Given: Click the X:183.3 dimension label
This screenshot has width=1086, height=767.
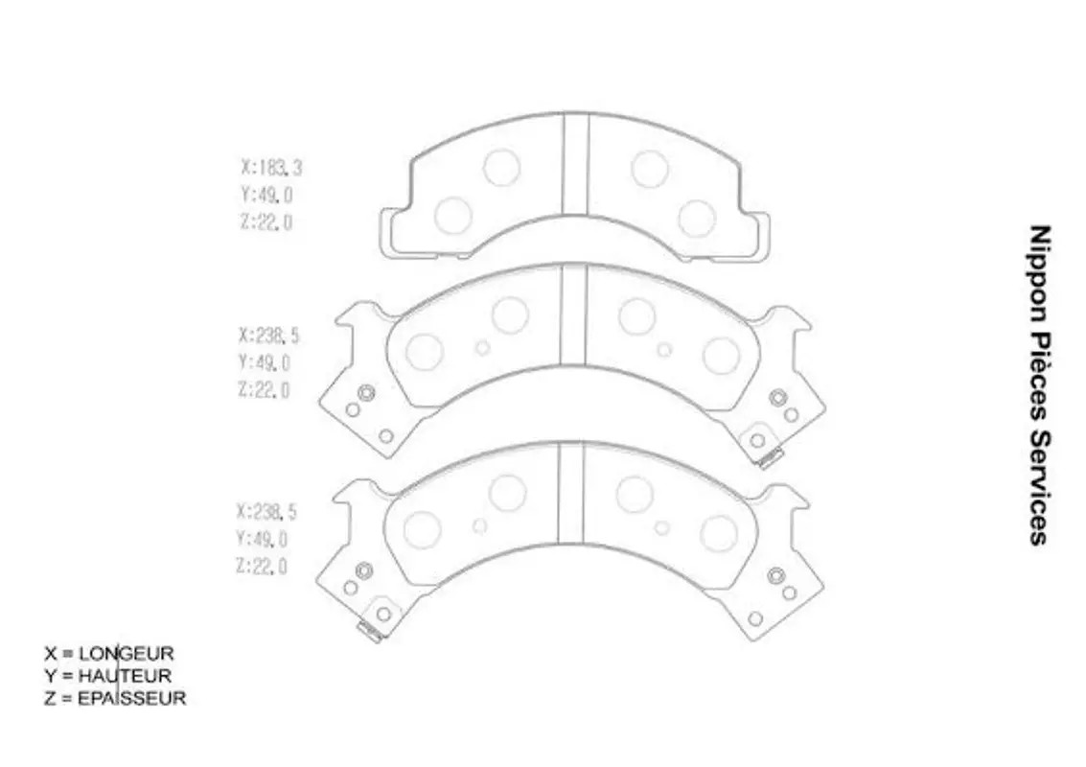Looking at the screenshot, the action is pyautogui.click(x=271, y=168).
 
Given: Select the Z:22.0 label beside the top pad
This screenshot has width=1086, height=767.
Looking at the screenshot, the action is pyautogui.click(x=266, y=221).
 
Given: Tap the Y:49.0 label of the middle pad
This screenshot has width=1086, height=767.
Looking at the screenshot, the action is pyautogui.click(x=264, y=362).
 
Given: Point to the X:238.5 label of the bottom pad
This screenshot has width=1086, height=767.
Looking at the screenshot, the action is pyautogui.click(x=266, y=512).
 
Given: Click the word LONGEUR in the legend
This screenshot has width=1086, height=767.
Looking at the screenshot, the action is pyautogui.click(x=127, y=653).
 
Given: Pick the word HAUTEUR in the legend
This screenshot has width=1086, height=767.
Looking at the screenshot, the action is pyautogui.click(x=125, y=676).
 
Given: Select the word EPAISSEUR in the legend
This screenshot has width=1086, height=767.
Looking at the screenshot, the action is pyautogui.click(x=131, y=698).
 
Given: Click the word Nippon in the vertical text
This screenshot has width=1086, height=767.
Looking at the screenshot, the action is pyautogui.click(x=1039, y=273).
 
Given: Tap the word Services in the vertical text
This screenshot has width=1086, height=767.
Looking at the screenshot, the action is pyautogui.click(x=1039, y=488).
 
